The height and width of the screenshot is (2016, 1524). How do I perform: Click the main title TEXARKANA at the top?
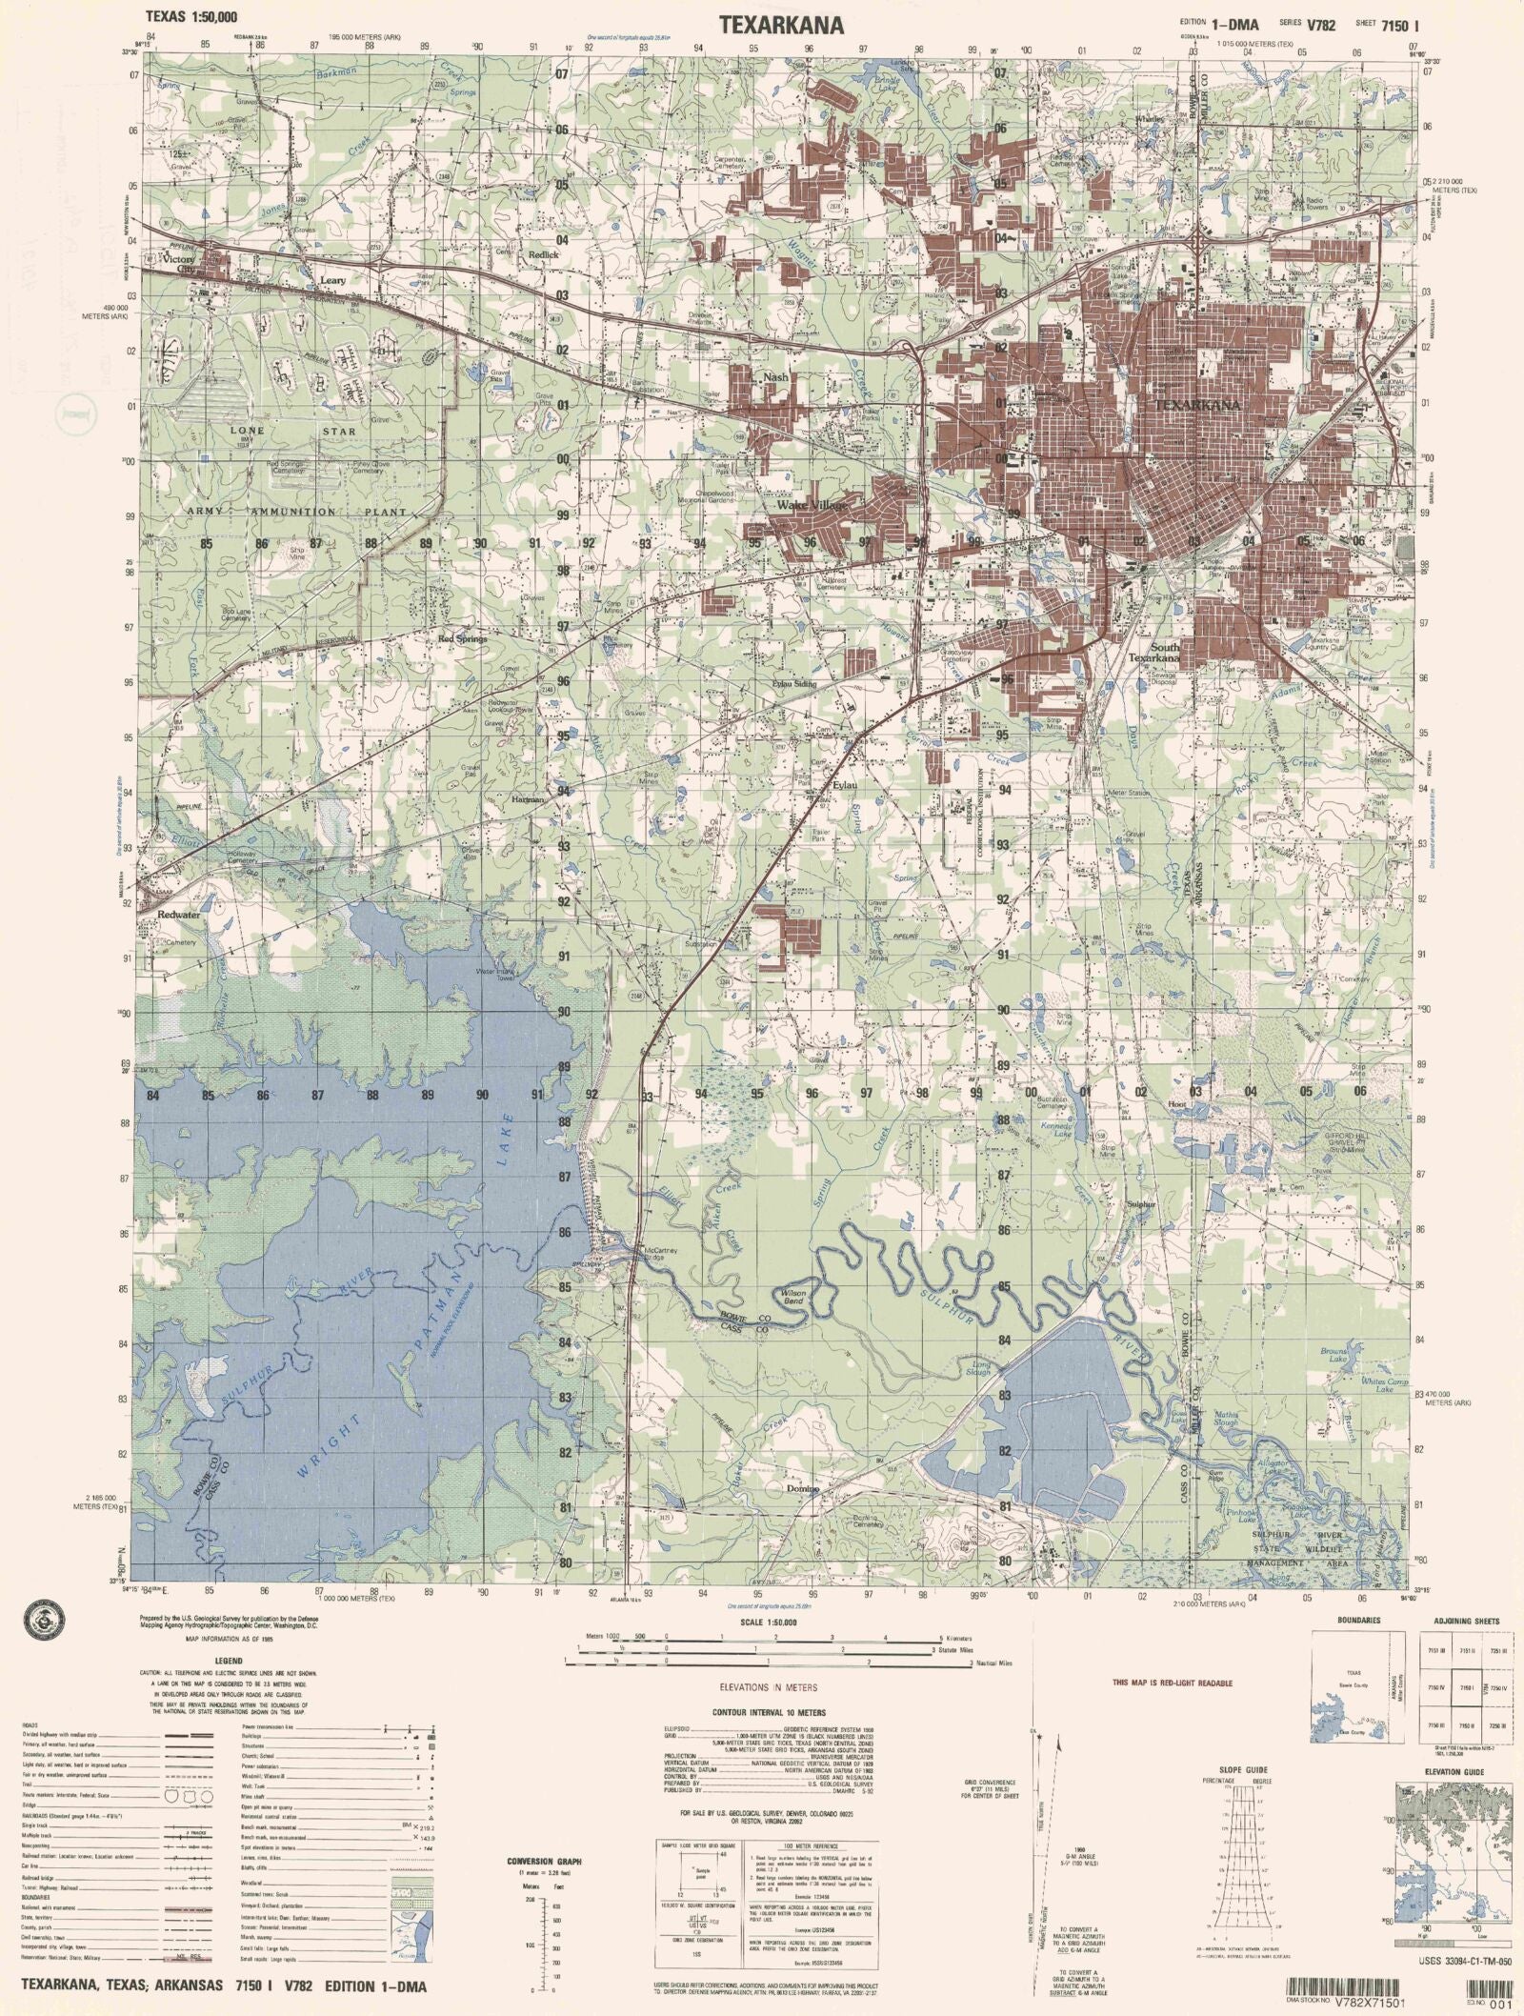[x=780, y=26]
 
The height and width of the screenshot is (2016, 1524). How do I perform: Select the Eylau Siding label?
[x=794, y=683]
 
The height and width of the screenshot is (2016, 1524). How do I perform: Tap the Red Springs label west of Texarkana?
[x=462, y=639]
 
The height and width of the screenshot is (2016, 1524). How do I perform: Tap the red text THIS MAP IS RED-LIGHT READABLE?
[x=1172, y=1683]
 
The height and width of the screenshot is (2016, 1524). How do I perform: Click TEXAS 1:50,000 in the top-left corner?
[x=190, y=16]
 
